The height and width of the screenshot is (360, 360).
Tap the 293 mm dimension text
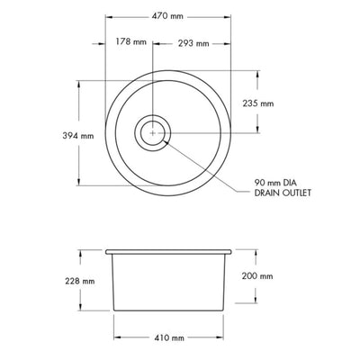click(192, 42)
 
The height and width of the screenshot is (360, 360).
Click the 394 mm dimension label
click(79, 136)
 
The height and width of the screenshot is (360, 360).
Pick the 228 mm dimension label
click(80, 281)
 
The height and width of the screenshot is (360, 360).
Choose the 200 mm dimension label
click(257, 277)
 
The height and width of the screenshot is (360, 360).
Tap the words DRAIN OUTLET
click(284, 198)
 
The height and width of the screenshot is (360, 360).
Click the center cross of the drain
click(154, 132)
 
